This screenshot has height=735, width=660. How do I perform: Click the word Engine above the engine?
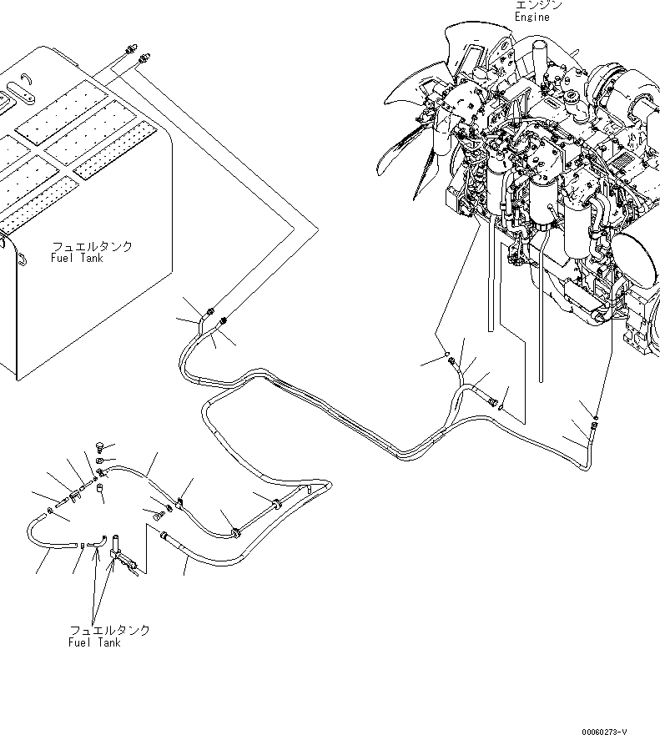pyautogui.click(x=532, y=17)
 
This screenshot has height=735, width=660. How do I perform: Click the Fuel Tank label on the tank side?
pyautogui.click(x=78, y=259)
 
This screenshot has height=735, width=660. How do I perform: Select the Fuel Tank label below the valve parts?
pyautogui.click(x=94, y=642)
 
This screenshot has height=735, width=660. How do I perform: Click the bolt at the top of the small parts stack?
pyautogui.click(x=101, y=444)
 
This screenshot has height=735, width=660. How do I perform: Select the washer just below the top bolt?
pyautogui.click(x=100, y=459)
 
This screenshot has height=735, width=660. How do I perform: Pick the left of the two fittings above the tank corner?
pyautogui.click(x=131, y=51)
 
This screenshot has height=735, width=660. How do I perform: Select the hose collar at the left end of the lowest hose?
pyautogui.click(x=165, y=536)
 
